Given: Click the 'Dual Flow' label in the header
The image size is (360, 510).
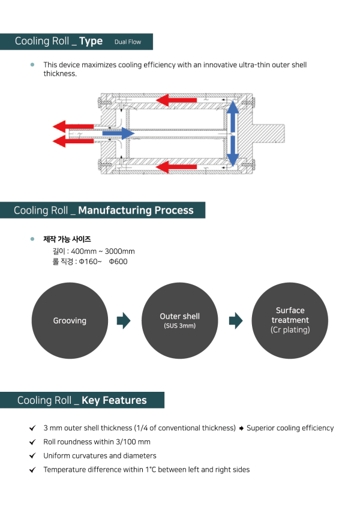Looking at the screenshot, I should pos(127,42).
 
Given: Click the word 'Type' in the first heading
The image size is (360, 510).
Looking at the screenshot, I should pos(91,41).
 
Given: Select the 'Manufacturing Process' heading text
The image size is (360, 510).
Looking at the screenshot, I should pos(136,210).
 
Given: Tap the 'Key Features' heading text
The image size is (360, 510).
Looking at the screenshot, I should pos(114,400).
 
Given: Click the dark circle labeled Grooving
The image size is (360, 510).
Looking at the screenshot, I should pos(70,321).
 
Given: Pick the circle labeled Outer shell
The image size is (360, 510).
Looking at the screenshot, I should pos(179,321).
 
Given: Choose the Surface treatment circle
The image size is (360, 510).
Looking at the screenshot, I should pos(290,321).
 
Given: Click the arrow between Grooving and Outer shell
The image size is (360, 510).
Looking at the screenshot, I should pos(123,321).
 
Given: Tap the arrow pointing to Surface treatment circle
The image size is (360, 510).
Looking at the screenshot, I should pos(235,321).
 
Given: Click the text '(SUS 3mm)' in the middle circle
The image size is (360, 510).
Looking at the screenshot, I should pos(179,326).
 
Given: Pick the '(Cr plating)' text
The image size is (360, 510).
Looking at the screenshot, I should pos(290,330).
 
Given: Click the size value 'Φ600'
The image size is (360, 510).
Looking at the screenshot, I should pos(118,262).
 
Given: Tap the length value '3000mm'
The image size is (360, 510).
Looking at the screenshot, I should pos(120,251).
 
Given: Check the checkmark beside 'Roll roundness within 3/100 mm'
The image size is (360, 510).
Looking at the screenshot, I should pos(32,442).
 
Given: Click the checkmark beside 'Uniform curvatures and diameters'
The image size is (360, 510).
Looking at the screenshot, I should pos(32,456).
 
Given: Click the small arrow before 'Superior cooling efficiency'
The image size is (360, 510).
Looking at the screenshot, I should pos(241,428).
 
